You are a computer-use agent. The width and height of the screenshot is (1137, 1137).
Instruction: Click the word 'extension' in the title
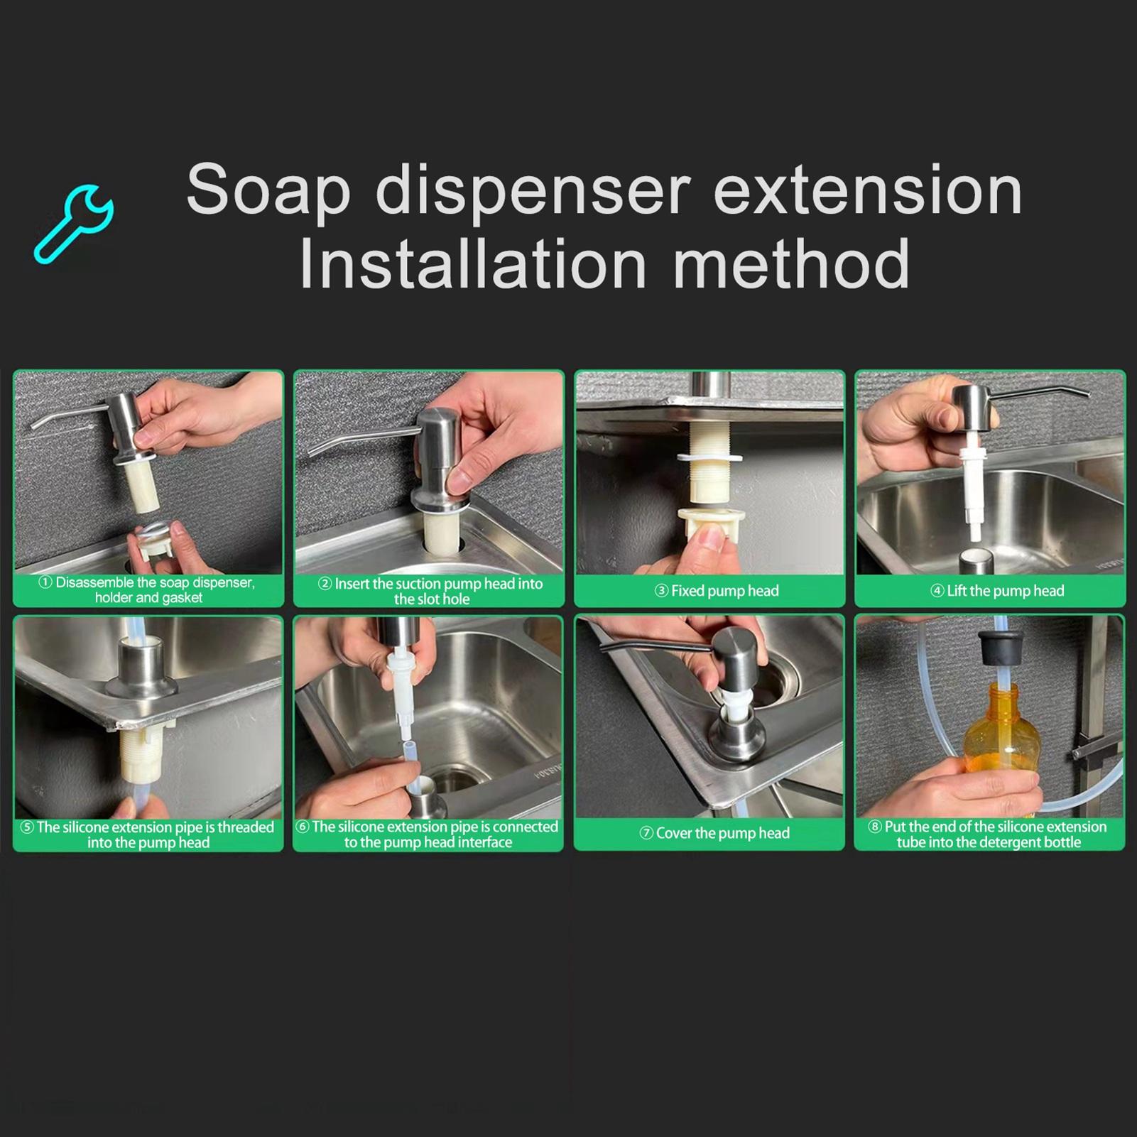(x=867, y=190)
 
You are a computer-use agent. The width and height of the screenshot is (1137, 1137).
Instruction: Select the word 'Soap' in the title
(x=268, y=190)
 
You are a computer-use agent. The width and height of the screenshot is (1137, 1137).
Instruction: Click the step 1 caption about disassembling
(x=148, y=590)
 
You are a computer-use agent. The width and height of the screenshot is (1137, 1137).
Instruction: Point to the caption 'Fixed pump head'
(x=717, y=591)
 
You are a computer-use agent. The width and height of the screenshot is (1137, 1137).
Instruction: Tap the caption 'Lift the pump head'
(x=997, y=591)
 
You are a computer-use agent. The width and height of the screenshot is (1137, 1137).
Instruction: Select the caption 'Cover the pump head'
(x=715, y=833)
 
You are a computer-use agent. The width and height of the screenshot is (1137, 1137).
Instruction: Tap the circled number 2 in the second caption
(x=325, y=584)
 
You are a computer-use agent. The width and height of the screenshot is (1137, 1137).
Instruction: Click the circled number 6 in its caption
(x=302, y=827)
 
